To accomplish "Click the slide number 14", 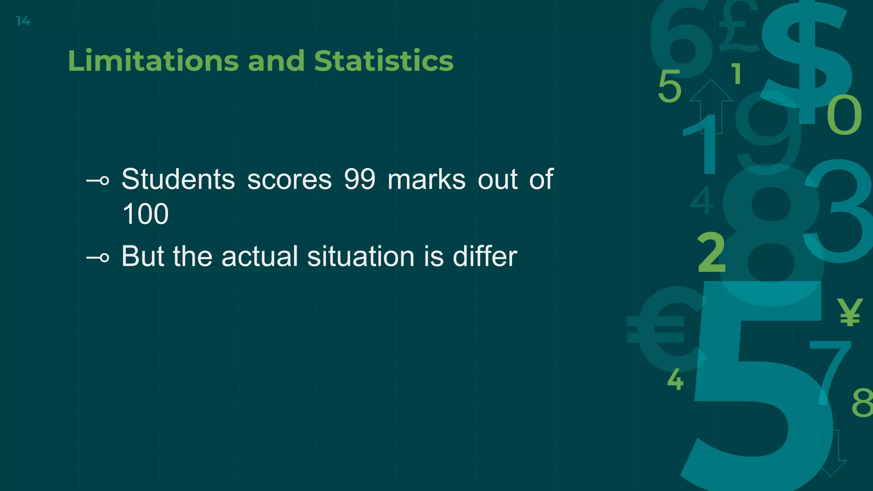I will click(23, 21).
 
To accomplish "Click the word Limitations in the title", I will click(153, 61).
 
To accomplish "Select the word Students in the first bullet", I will click(178, 179).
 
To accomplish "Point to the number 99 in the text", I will click(360, 179).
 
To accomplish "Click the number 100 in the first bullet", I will click(145, 214).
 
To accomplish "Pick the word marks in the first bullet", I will click(427, 179).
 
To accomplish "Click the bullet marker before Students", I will click(98, 181).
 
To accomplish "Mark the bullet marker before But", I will click(98, 258).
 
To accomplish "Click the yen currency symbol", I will click(850, 312).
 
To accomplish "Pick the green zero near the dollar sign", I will click(844, 115).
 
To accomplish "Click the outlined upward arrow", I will click(711, 104).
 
